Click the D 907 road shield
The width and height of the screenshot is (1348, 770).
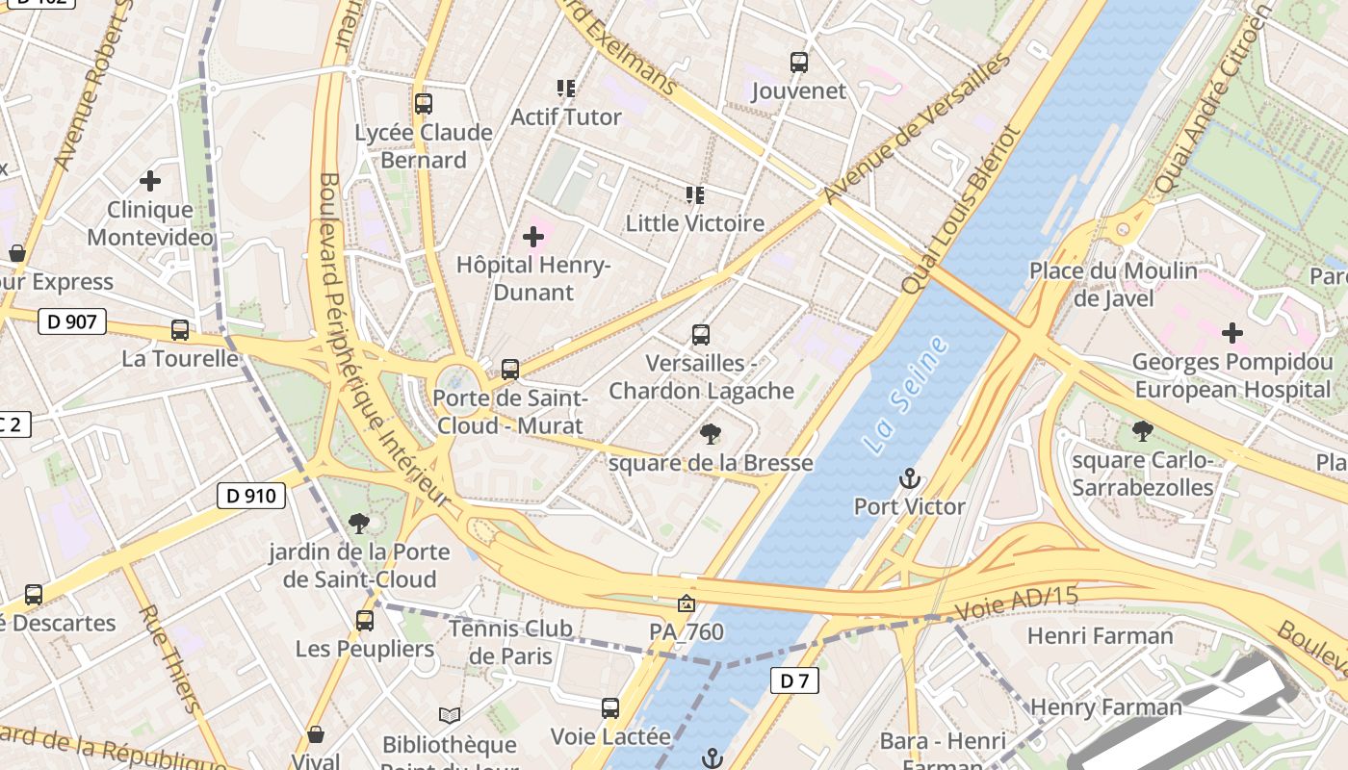pos(72,321)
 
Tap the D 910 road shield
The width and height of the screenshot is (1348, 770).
pos(251,497)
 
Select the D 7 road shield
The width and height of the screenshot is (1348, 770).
pos(794,681)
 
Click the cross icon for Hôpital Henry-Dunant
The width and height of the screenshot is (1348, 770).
pos(533,237)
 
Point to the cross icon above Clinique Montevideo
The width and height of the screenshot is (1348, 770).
pos(150,180)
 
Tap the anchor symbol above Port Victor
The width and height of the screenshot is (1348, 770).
pos(909,478)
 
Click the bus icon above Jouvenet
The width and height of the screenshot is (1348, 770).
pos(799,63)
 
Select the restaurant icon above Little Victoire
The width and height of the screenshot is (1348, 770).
pos(695,195)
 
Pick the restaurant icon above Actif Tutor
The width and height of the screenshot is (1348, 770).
pos(566,89)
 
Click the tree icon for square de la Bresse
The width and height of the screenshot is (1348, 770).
pos(711,434)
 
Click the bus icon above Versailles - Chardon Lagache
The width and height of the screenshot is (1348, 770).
pos(701,335)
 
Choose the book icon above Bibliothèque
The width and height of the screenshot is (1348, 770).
pos(450,715)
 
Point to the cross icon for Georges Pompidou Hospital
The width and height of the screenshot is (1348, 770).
pos(1231,333)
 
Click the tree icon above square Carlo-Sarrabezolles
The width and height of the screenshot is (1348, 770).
pos(1143,430)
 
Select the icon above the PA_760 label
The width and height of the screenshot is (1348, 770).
pos(686,603)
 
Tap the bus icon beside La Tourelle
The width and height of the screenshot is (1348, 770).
pos(180,330)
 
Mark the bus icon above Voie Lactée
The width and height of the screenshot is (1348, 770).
pos(610,708)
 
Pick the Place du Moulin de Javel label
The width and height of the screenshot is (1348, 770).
pos(1113,284)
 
